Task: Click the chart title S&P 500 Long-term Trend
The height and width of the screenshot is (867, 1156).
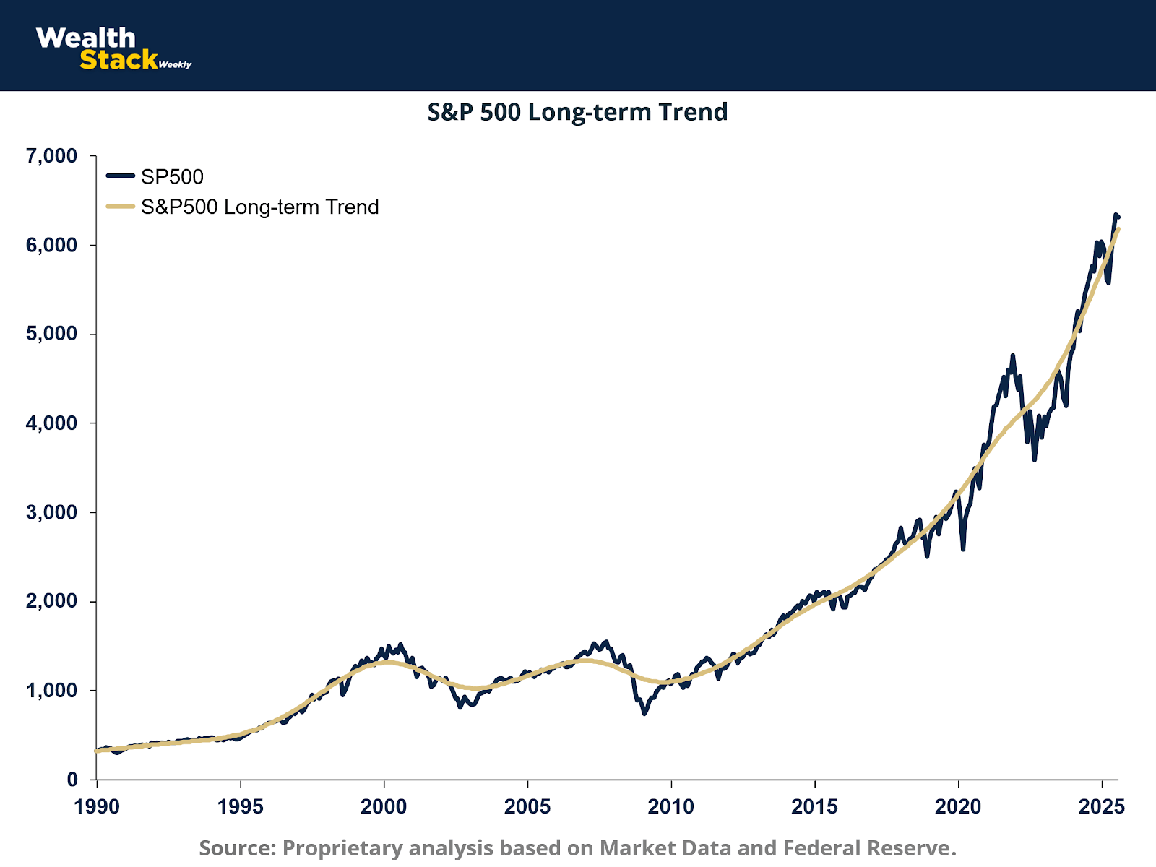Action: [x=577, y=112]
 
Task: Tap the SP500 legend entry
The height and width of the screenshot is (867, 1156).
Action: [x=172, y=176]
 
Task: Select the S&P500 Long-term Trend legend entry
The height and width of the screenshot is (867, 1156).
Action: [x=259, y=207]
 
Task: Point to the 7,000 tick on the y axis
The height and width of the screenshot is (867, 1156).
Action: [x=51, y=156]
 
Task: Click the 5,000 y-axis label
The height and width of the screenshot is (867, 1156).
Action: [x=51, y=334]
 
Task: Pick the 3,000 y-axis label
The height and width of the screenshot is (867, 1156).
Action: [x=51, y=512]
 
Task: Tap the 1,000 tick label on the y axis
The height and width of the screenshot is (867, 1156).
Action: [x=51, y=691]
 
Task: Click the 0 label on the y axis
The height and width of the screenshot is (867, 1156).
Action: [x=72, y=780]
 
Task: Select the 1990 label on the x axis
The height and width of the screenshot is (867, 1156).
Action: [x=97, y=806]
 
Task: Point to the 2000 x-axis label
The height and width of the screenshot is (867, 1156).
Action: [x=384, y=806]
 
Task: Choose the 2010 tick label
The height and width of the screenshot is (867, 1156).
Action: [x=671, y=806]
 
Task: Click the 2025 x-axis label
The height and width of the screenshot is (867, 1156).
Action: [x=1102, y=806]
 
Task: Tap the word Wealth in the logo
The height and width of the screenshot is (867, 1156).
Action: [x=85, y=38]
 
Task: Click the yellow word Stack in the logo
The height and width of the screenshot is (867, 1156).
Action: [x=118, y=60]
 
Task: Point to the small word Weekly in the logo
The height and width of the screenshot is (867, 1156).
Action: [x=175, y=65]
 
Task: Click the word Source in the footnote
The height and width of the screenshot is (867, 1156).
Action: [x=238, y=847]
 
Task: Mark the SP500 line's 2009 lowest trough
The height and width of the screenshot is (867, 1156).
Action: [x=644, y=713]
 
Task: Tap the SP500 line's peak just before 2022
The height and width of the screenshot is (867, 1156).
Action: [x=1012, y=355]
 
